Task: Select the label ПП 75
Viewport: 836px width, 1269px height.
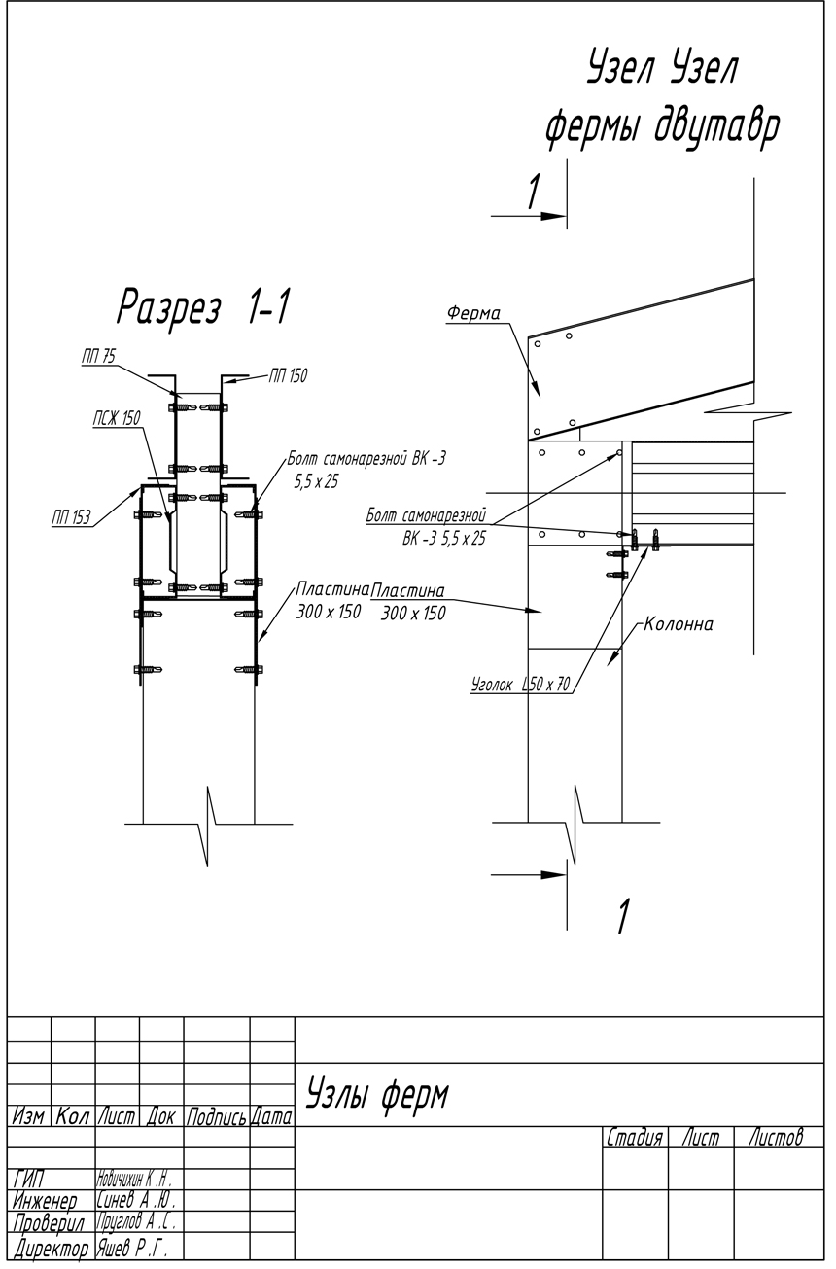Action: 97,358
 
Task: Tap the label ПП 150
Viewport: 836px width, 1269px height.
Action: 287,375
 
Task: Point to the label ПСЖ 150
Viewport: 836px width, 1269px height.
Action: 117,418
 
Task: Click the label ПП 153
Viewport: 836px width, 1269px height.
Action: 71,518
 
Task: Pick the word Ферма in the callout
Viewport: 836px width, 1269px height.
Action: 473,313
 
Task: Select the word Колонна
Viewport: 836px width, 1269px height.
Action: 679,624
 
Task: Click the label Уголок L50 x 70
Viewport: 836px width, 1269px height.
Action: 519,685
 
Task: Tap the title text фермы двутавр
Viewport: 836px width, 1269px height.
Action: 661,129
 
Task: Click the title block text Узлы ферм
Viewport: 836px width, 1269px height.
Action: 378,1095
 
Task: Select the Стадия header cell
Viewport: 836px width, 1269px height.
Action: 634,1137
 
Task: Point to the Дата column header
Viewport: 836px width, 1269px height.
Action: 272,1118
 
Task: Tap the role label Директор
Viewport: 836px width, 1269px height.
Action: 51,1248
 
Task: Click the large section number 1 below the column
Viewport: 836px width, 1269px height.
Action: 623,916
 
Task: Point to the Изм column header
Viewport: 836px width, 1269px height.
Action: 29,1118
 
